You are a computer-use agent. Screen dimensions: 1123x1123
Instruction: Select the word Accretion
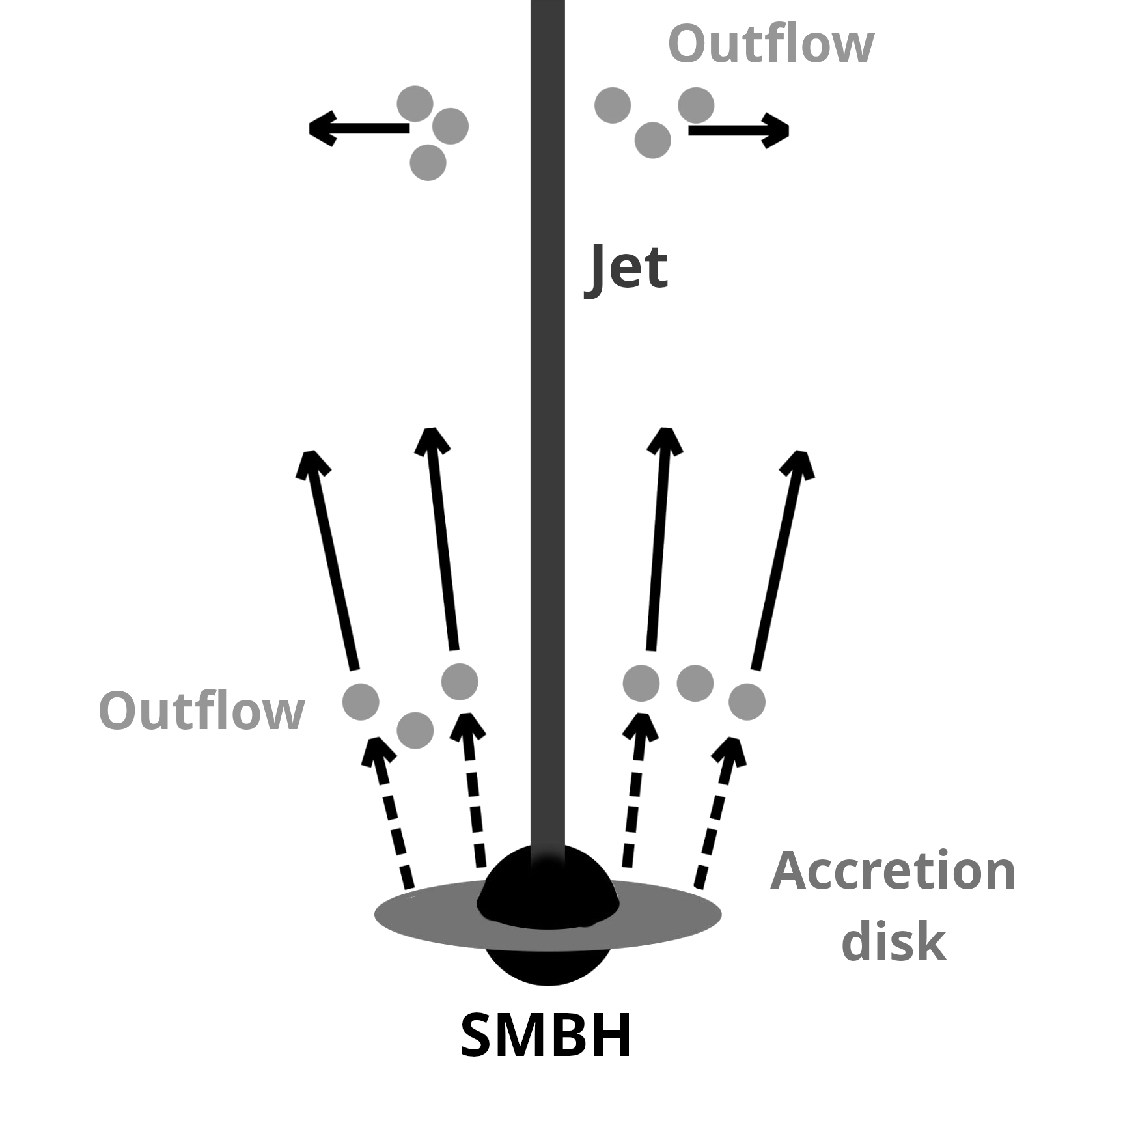[893, 872]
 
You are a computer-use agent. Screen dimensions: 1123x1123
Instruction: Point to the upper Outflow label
[770, 44]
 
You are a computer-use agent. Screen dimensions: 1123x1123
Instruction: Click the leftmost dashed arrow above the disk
[390, 814]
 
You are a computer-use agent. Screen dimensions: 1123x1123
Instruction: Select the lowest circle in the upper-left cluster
[428, 162]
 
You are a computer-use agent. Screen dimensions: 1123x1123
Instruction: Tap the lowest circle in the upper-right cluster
[652, 141]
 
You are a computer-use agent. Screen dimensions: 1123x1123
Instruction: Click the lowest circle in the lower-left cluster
[415, 730]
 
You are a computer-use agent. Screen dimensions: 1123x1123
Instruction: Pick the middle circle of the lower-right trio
[695, 683]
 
